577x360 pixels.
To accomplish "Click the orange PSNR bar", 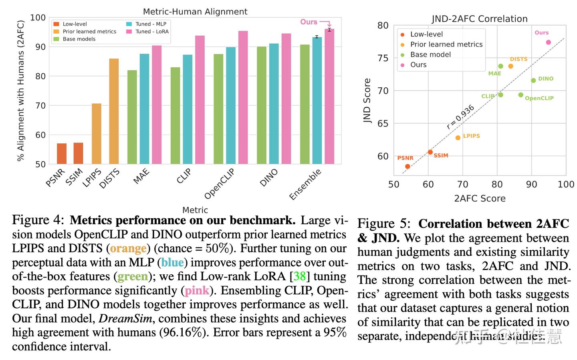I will coord(62,154).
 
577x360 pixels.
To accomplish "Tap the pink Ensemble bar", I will coord(329,97).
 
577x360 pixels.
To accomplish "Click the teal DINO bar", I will coord(274,104).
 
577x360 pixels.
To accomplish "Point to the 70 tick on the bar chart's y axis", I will coord(40,106).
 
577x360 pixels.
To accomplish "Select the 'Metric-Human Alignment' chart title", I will coord(195,12).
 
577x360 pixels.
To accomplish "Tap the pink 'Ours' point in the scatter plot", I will coord(549,42).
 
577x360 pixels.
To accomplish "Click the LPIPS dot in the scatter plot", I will coord(458,138).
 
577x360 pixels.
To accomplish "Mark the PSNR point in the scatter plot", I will coord(408,167).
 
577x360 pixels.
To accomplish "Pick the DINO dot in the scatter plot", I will coord(533,80).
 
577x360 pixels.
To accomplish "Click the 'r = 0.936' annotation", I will coord(460,117).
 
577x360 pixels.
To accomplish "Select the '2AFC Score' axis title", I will coord(480,199).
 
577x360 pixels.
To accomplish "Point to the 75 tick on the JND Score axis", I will coord(383,58).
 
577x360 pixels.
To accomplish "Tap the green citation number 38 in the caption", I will coord(299,277).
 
